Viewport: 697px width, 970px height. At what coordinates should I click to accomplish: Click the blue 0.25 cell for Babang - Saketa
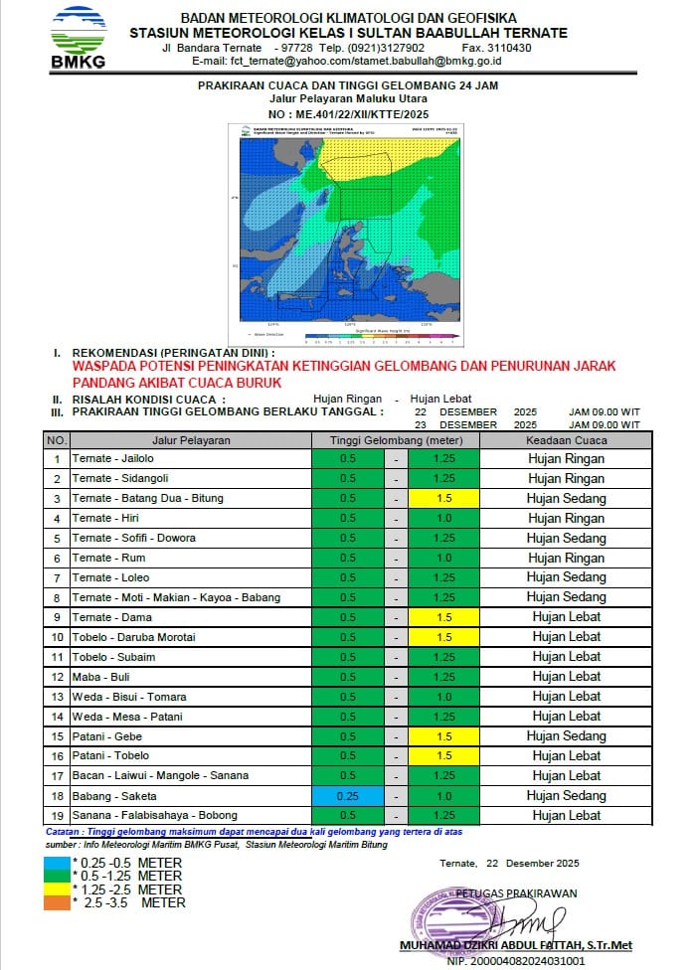347,795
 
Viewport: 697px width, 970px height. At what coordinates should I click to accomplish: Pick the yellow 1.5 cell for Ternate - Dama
443,617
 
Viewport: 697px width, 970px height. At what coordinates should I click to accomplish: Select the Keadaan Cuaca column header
566,440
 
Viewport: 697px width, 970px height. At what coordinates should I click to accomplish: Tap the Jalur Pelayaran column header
191,440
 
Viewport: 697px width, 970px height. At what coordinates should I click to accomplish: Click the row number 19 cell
57,815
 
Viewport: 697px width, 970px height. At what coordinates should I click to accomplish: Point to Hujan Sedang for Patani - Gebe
566,736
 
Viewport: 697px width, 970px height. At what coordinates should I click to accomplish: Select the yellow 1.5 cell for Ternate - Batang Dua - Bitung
443,498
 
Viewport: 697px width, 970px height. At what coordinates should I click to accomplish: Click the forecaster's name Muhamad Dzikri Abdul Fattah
515,945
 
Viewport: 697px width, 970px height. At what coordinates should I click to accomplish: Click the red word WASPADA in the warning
107,366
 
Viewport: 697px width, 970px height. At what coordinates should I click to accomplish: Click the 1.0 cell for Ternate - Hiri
443,518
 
